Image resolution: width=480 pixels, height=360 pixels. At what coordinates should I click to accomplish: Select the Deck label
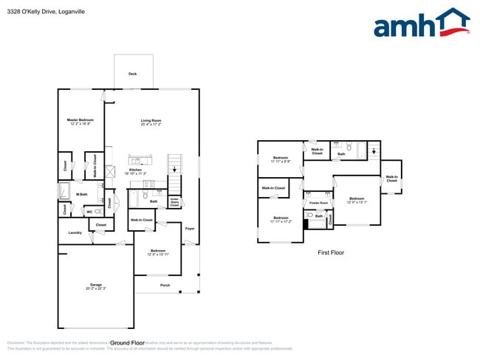(x=133, y=74)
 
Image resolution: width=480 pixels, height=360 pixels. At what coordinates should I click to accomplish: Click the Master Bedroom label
(x=81, y=120)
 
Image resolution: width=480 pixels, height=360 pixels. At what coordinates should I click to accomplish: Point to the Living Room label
(x=151, y=120)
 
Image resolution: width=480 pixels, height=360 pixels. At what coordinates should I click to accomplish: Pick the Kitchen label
(x=135, y=170)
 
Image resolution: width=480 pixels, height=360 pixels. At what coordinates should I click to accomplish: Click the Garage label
(x=96, y=284)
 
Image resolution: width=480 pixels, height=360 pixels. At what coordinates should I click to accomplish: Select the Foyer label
(x=190, y=229)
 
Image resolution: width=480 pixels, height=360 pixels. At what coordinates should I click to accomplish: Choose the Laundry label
(x=75, y=233)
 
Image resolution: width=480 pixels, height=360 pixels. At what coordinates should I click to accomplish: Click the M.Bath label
(x=82, y=195)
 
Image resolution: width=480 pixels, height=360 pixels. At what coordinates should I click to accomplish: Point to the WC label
(x=89, y=211)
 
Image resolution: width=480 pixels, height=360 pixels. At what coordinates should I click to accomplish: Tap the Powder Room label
(x=318, y=202)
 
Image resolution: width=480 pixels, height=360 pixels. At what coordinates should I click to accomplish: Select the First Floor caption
(x=330, y=253)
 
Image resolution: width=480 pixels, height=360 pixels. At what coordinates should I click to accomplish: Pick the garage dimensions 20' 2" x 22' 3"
(x=96, y=288)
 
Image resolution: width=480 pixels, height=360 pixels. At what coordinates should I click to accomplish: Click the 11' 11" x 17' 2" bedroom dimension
(x=281, y=221)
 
